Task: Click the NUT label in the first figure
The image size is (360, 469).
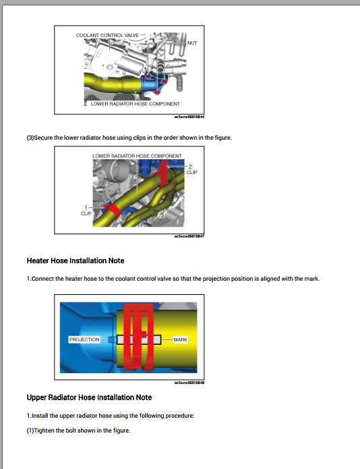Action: (x=192, y=42)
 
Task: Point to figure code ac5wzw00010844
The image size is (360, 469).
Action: (x=189, y=117)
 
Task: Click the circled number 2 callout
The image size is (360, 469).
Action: (x=191, y=166)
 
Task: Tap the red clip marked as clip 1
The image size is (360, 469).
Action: (x=110, y=213)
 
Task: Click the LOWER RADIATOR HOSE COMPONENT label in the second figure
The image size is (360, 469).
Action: (x=137, y=156)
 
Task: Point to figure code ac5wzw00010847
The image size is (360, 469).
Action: (x=189, y=237)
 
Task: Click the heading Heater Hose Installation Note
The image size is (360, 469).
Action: (x=76, y=260)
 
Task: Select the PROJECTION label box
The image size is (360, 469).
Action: (x=84, y=339)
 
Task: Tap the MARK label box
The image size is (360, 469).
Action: (x=180, y=339)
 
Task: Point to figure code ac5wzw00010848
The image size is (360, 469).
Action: (x=189, y=383)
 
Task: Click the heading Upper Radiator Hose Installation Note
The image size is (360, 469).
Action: (x=89, y=397)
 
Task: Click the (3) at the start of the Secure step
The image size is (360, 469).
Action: (x=30, y=138)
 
